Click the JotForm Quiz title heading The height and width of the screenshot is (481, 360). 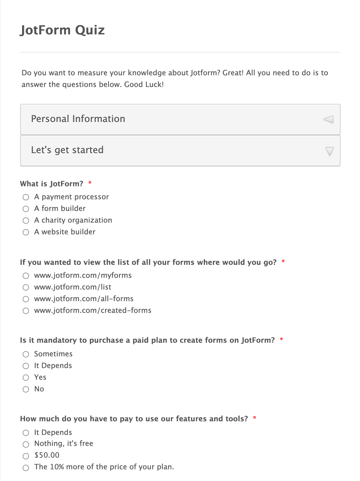pyautogui.click(x=62, y=30)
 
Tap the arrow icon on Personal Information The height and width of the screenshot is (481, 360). pyautogui.click(x=329, y=119)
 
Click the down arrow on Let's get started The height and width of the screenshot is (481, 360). pyautogui.click(x=330, y=151)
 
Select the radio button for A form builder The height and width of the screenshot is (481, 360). pyautogui.click(x=26, y=209)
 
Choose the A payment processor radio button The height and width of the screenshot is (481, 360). pyautogui.click(x=26, y=197)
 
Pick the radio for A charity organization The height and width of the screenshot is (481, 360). pyautogui.click(x=26, y=220)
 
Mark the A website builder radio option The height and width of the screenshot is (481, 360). pyautogui.click(x=26, y=232)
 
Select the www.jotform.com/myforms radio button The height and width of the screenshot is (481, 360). pyautogui.click(x=26, y=276)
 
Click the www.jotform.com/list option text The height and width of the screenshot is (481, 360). pyautogui.click(x=73, y=287)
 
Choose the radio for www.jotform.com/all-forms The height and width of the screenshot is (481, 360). pyautogui.click(x=26, y=299)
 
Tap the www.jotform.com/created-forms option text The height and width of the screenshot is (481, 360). pyautogui.click(x=93, y=310)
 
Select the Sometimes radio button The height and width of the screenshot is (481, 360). pyautogui.click(x=26, y=354)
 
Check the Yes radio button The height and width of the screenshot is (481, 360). pyautogui.click(x=26, y=377)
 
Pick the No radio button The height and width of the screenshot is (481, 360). pyautogui.click(x=26, y=389)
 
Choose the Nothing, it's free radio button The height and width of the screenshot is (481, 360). pyautogui.click(x=26, y=444)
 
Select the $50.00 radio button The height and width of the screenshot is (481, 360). pyautogui.click(x=26, y=456)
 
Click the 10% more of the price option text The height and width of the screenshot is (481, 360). pyautogui.click(x=104, y=467)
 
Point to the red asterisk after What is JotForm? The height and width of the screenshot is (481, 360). pyautogui.click(x=90, y=183)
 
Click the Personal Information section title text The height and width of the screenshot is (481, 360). pyautogui.click(x=78, y=119)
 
